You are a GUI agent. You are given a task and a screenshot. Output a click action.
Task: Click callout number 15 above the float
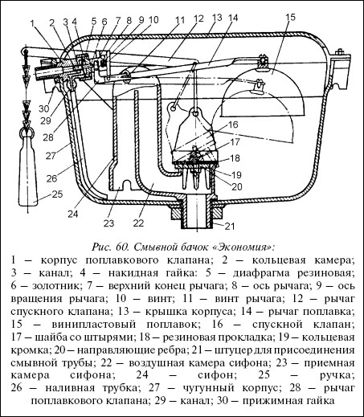(290, 18)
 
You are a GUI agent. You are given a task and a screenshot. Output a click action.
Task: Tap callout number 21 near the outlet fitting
(230, 227)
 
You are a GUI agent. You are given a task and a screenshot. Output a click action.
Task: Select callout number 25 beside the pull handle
(57, 194)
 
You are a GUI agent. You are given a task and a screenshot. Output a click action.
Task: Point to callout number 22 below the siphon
(138, 223)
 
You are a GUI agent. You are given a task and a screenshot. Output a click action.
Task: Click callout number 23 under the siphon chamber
(108, 223)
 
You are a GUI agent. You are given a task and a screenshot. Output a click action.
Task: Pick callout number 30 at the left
(44, 109)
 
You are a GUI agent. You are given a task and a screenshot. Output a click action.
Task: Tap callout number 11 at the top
(180, 20)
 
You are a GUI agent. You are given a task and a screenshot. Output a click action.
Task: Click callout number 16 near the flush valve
(233, 125)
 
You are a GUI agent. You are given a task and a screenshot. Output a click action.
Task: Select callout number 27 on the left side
(51, 155)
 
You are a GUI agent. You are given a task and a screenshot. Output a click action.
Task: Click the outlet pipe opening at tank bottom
(196, 211)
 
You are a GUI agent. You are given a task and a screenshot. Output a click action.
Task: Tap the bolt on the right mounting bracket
(340, 52)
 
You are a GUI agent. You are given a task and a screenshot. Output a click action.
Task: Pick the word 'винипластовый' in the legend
(94, 324)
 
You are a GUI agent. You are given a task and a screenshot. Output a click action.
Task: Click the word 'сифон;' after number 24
(217, 375)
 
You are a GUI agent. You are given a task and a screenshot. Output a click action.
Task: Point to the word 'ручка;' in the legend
(337, 375)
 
